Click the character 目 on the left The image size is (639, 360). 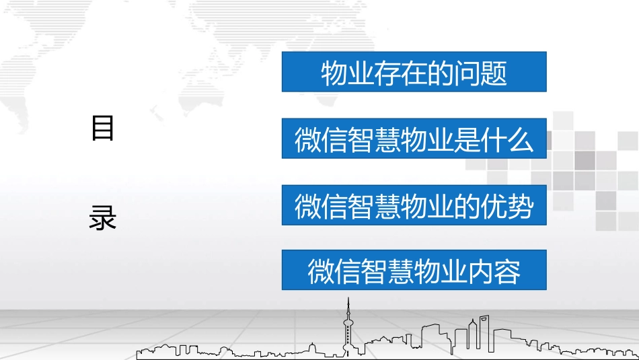[102, 128]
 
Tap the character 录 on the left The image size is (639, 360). [102, 218]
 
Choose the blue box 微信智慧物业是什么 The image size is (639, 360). [414, 140]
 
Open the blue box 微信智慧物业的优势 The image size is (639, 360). [414, 206]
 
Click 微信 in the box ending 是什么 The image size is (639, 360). [321, 140]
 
